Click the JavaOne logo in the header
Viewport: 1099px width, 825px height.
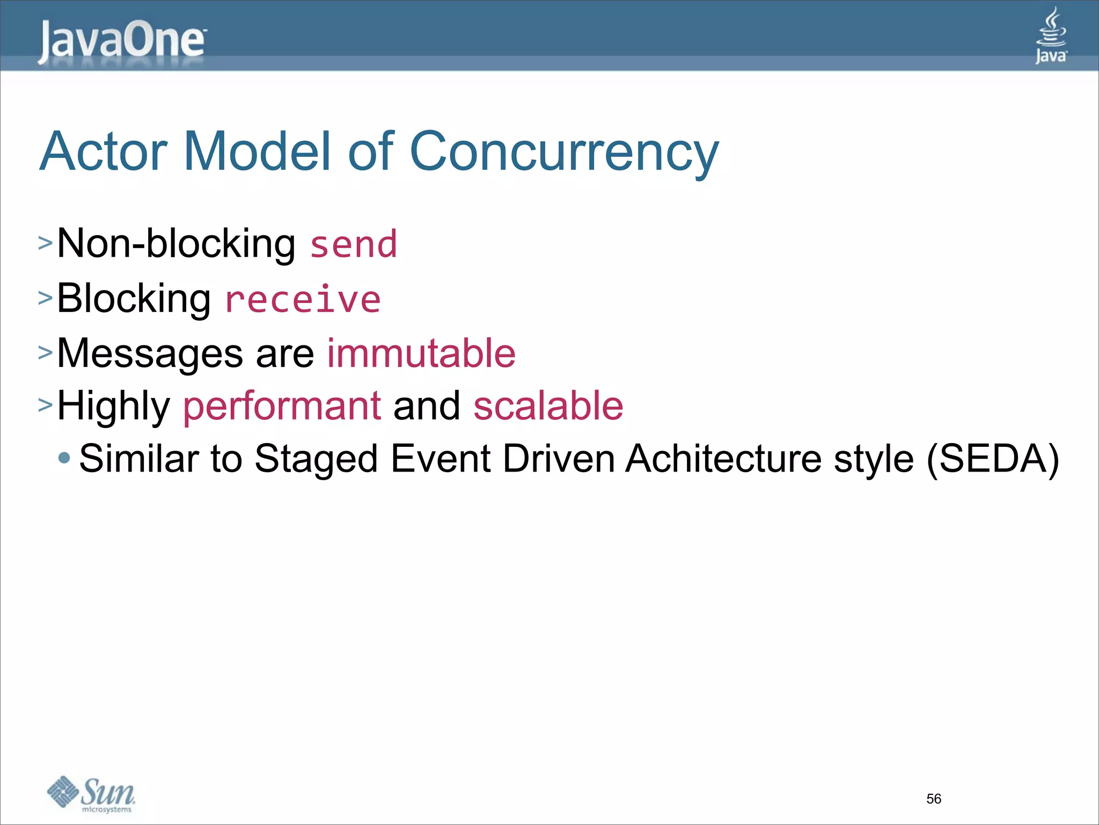click(122, 41)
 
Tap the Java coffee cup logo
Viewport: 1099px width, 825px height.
click(1051, 35)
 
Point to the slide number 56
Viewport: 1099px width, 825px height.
click(934, 799)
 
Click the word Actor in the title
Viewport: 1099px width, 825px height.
click(104, 152)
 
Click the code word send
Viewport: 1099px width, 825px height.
click(354, 245)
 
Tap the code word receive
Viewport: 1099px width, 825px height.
click(303, 300)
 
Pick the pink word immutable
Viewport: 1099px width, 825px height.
click(421, 353)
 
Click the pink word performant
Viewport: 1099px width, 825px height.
click(282, 406)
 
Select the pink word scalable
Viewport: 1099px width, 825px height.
click(548, 406)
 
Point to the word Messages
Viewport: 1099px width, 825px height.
click(150, 354)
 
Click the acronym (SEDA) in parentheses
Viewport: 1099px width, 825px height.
click(993, 459)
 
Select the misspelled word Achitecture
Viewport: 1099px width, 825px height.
click(723, 459)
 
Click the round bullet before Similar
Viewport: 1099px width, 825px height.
click(64, 458)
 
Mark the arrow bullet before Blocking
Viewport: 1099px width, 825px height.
click(46, 297)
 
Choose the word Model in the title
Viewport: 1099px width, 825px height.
click(258, 152)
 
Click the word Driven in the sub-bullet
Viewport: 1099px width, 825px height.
click(559, 459)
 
